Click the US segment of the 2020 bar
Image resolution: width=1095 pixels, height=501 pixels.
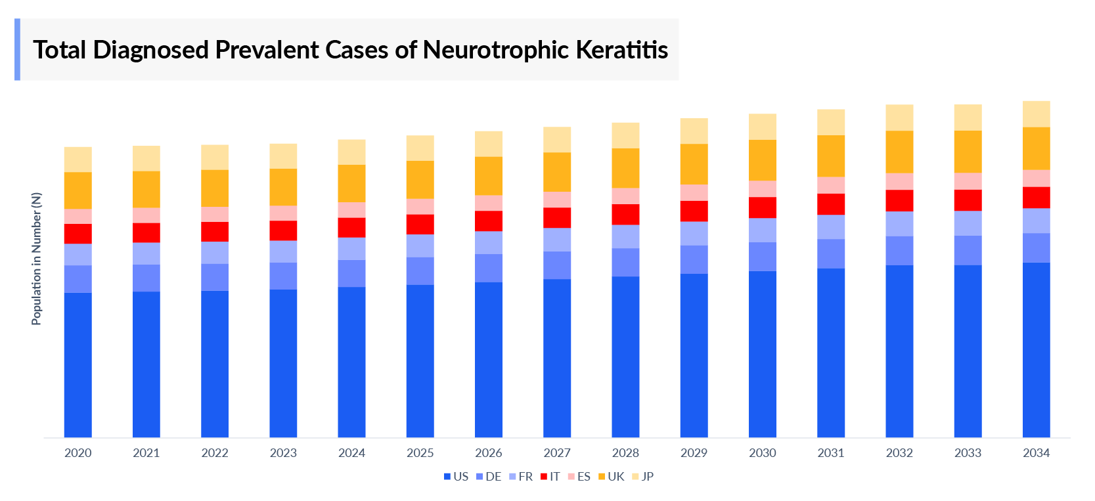pos(78,364)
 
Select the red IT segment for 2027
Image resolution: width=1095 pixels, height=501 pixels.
pos(557,217)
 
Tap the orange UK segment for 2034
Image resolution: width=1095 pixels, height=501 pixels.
pos(1036,148)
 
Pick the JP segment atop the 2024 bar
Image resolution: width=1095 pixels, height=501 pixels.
pos(351,152)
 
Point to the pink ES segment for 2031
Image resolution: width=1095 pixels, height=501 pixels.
pos(831,185)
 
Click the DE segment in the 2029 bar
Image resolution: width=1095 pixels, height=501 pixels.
pos(694,259)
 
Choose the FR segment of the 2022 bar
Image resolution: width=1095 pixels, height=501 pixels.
pos(215,253)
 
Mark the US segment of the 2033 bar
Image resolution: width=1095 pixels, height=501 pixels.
pos(968,351)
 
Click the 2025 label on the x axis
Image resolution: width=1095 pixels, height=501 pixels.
pos(420,453)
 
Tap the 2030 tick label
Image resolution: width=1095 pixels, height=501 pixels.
pos(762,453)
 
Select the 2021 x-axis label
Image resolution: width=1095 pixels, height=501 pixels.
pos(146,453)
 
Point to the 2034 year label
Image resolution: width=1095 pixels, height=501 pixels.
pos(1036,453)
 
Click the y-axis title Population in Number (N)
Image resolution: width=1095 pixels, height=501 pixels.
pos(36,259)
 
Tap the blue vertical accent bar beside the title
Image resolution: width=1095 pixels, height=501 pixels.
pos(17,49)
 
